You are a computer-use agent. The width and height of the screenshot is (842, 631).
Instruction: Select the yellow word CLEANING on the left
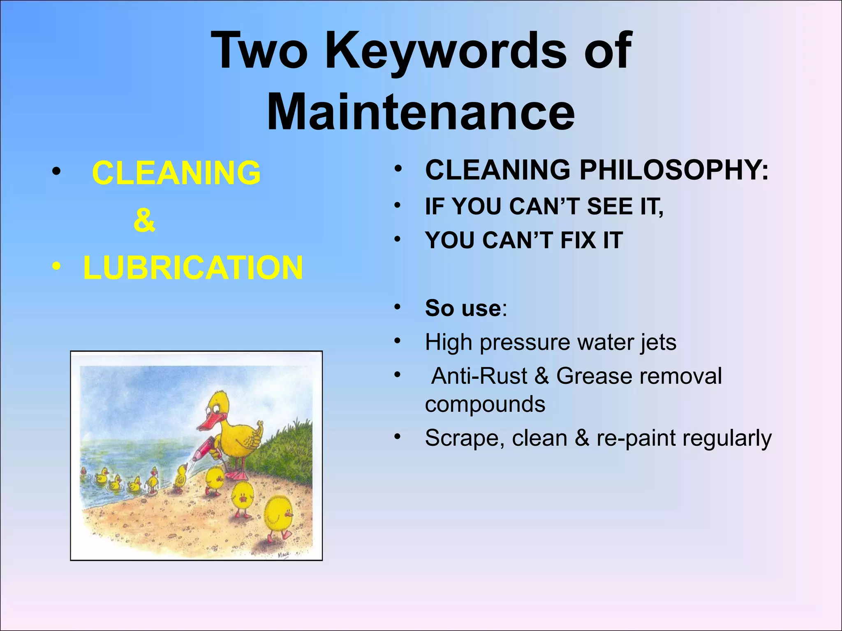[x=176, y=173]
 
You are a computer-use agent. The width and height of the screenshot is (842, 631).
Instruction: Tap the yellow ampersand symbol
[x=144, y=221]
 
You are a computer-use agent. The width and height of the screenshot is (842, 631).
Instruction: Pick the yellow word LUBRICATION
[x=193, y=267]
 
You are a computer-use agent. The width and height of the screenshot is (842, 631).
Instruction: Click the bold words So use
[x=463, y=308]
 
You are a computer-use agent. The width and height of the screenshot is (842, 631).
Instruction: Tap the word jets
[x=658, y=342]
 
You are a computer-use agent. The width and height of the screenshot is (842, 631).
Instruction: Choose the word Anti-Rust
[x=479, y=376]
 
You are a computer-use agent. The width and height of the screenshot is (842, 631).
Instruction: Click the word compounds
[x=485, y=404]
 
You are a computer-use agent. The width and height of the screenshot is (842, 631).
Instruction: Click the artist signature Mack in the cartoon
[x=284, y=555]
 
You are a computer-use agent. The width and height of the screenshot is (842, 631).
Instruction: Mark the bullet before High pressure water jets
[x=397, y=341]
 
